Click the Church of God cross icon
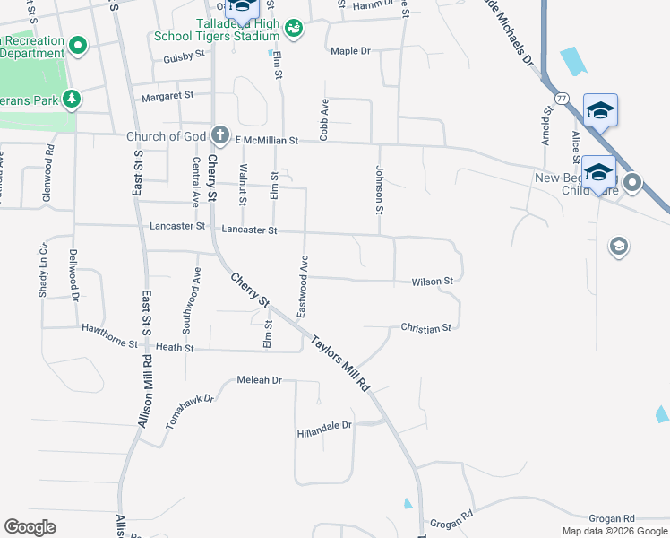coord(221,137)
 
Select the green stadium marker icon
coord(294,30)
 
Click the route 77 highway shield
coord(562,97)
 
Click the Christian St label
coord(425,329)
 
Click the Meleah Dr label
coord(260,380)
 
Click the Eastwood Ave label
coord(304,286)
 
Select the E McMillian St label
coord(265,141)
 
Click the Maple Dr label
coord(350,51)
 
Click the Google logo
coord(30,527)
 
